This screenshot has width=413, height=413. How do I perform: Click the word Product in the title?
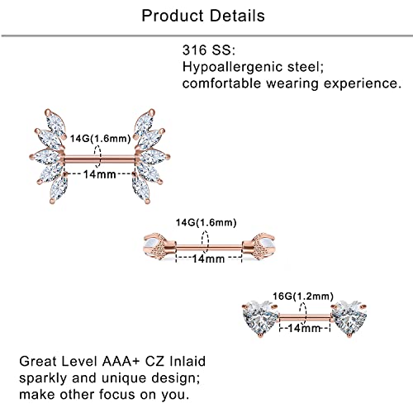pos(173,16)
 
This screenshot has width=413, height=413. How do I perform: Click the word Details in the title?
pos(238,16)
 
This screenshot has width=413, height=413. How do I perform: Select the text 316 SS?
pos(209,50)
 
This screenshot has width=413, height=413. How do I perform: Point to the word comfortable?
pos(221,83)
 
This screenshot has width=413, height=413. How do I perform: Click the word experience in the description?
pos(363,84)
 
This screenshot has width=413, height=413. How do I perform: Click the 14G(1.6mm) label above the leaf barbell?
pos(100,138)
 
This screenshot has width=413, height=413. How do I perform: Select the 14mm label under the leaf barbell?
pos(100,174)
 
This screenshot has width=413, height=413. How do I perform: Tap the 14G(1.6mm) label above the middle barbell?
pos(206,222)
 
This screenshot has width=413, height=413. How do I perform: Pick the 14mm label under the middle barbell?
pos(208,259)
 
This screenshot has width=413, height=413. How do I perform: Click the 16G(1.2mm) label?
pos(303,297)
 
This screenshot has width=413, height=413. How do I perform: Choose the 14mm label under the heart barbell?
pos(304,328)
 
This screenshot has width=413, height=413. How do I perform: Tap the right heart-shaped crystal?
pos(349,318)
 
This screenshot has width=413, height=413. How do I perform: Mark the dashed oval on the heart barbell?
pos(303,313)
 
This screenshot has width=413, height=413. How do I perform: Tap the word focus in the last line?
pos(117,394)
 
